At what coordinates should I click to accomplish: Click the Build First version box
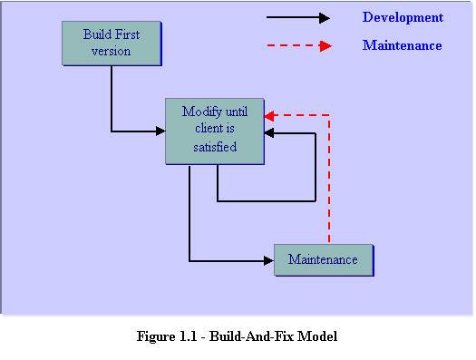point(112,43)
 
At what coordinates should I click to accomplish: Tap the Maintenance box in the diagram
point(323,259)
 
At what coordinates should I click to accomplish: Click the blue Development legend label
point(403,17)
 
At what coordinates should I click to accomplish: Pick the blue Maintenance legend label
point(402,45)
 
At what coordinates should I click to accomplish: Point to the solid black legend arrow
point(298,17)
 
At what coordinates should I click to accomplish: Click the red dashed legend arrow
point(298,45)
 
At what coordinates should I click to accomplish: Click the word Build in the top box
point(98,34)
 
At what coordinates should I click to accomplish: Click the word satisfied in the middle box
point(215,146)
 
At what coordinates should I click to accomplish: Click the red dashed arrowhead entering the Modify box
point(269,115)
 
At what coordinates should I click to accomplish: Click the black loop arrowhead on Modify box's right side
point(269,133)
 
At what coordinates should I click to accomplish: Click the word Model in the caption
point(317,336)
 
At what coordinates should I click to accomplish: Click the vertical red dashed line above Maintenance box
point(328,181)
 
